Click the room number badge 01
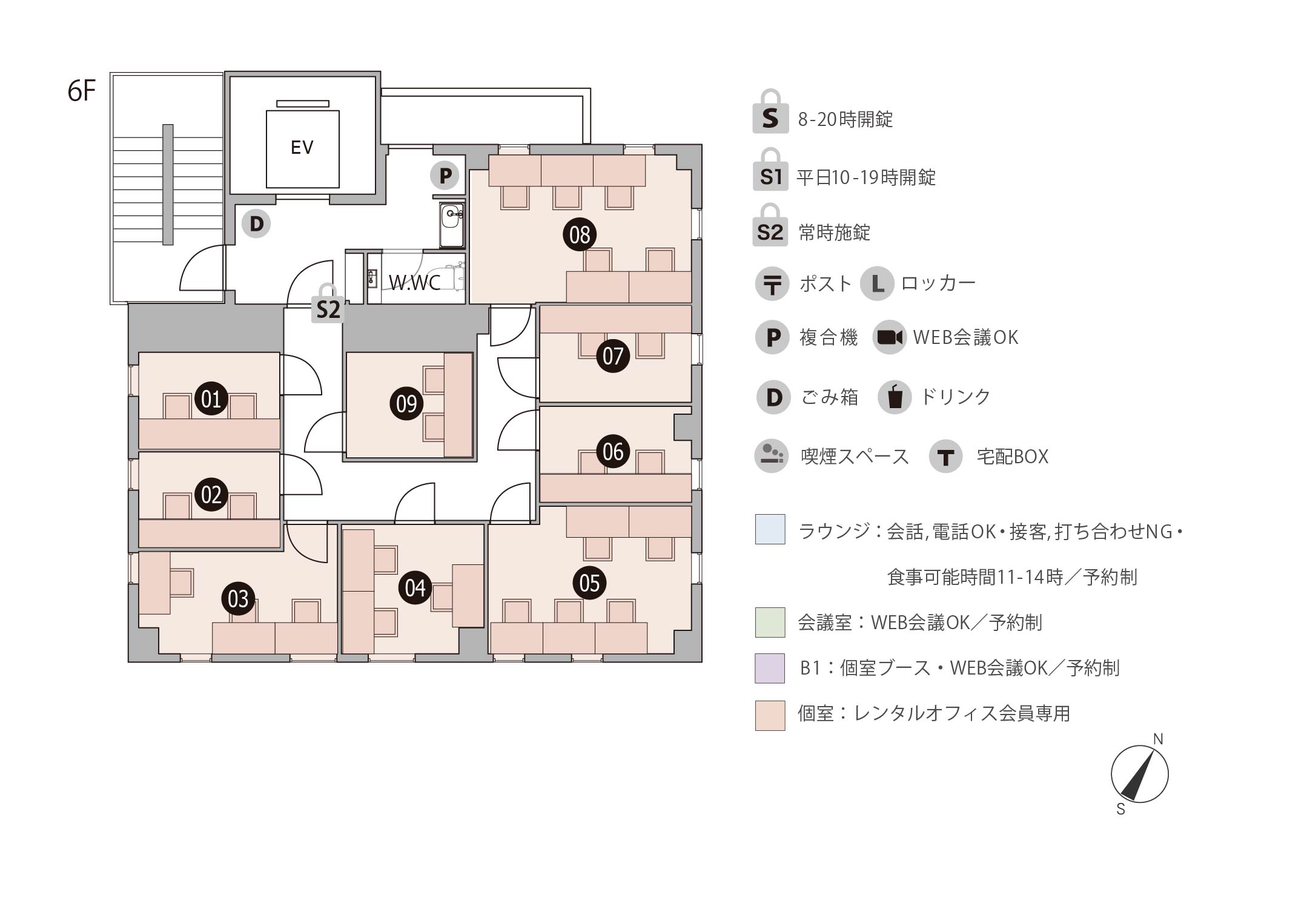pyautogui.click(x=211, y=398)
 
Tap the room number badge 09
pyautogui.click(x=406, y=403)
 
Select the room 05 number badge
pyautogui.click(x=589, y=583)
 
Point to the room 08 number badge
pyautogui.click(x=580, y=234)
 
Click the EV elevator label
pyautogui.click(x=302, y=147)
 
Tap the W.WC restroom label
pyautogui.click(x=414, y=282)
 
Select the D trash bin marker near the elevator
pyautogui.click(x=256, y=223)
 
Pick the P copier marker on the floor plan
pyautogui.click(x=445, y=176)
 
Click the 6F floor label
pyautogui.click(x=82, y=91)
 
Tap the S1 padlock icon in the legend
pyautogui.click(x=770, y=170)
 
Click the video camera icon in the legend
pyautogui.click(x=890, y=337)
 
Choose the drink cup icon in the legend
pyautogui.click(x=895, y=397)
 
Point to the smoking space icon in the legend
pyautogui.click(x=771, y=456)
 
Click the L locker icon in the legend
pyautogui.click(x=877, y=283)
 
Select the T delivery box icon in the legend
pyautogui.click(x=945, y=457)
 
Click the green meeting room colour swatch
pyautogui.click(x=770, y=622)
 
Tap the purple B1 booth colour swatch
pyautogui.click(x=770, y=668)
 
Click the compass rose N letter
pyautogui.click(x=1158, y=739)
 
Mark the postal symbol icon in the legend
pyautogui.click(x=772, y=283)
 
